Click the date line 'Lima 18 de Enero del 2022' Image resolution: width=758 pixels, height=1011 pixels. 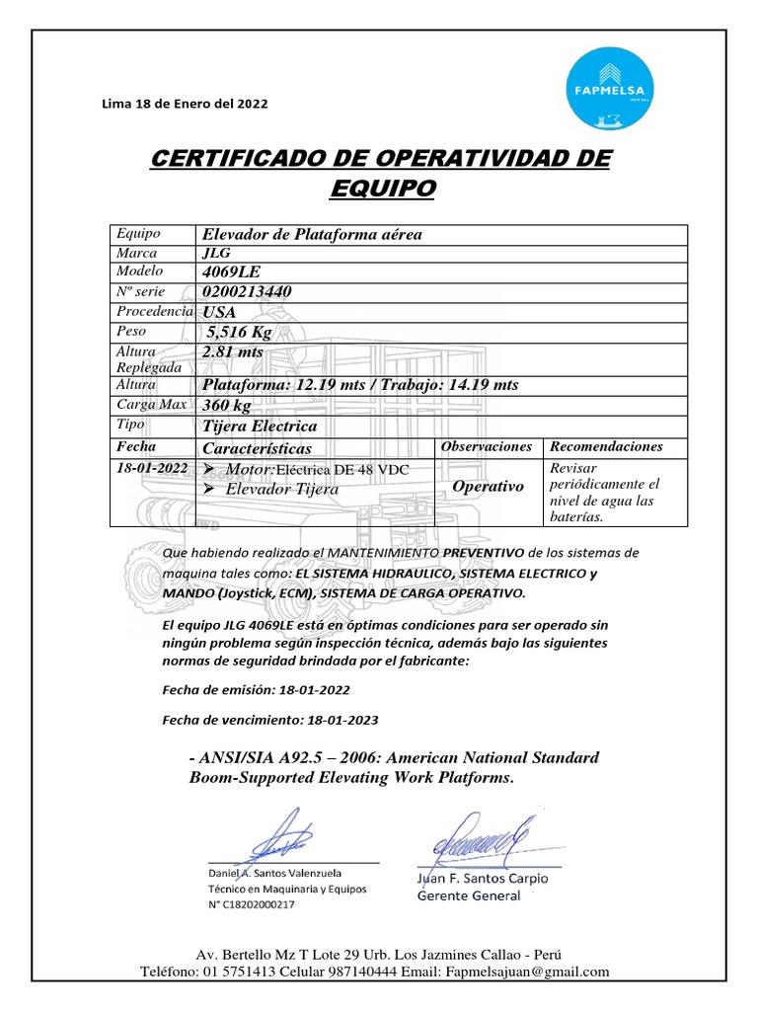pyautogui.click(x=185, y=104)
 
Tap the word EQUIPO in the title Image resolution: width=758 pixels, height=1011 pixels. pyautogui.click(x=380, y=188)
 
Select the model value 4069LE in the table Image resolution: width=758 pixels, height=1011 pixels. pyautogui.click(x=232, y=272)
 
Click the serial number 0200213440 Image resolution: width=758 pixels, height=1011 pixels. pyautogui.click(x=246, y=292)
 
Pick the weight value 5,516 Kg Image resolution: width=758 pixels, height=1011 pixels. pyautogui.click(x=239, y=332)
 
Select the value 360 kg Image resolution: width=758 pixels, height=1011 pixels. pyautogui.click(x=227, y=406)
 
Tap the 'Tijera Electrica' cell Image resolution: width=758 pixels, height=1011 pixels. pyautogui.click(x=260, y=427)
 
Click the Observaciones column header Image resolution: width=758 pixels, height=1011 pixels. pyautogui.click(x=487, y=447)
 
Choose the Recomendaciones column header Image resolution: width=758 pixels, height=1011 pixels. pyautogui.click(x=607, y=447)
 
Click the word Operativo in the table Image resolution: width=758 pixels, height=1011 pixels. pyautogui.click(x=488, y=487)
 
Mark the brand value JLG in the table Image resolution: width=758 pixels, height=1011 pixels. pyautogui.click(x=215, y=253)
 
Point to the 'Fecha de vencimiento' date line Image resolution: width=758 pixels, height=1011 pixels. pyautogui.click(x=270, y=720)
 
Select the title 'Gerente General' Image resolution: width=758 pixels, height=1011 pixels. pyautogui.click(x=469, y=895)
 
